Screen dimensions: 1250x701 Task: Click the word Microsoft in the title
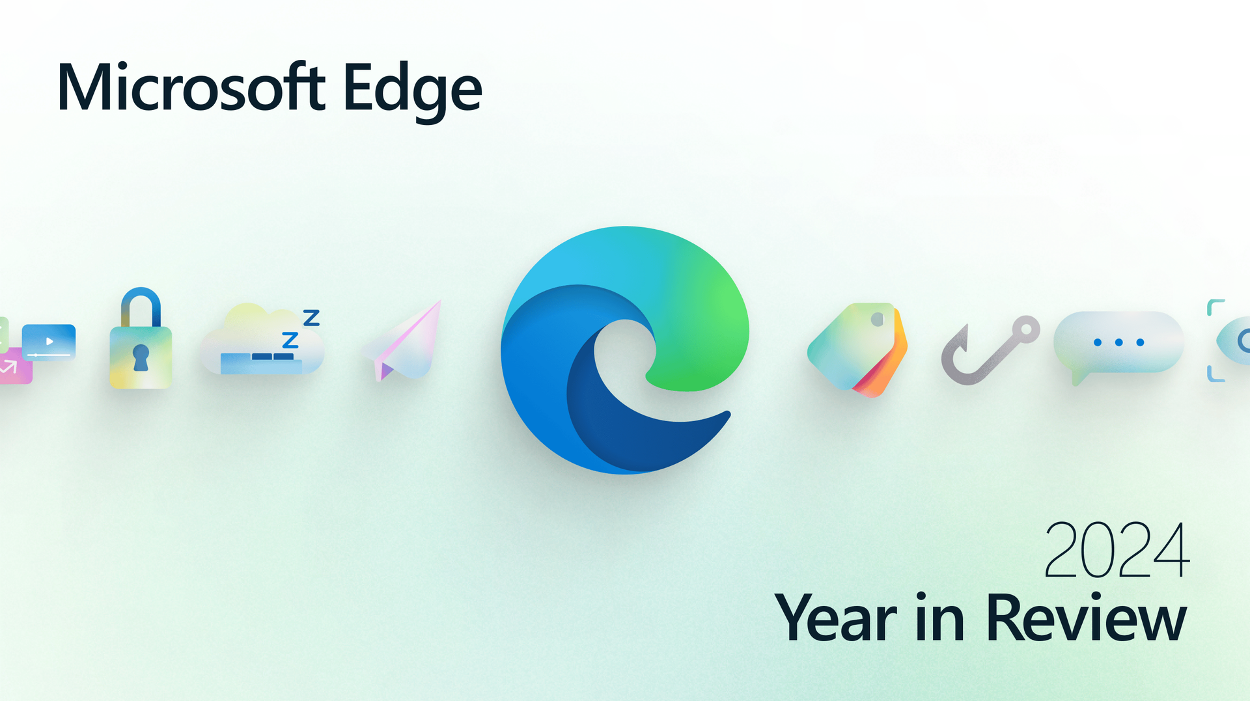click(191, 87)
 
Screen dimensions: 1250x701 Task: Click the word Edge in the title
click(413, 92)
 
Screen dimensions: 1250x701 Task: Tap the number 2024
click(1117, 550)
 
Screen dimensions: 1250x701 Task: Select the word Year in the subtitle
click(835, 618)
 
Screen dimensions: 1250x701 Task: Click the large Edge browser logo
click(625, 350)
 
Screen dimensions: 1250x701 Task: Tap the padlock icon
click(141, 338)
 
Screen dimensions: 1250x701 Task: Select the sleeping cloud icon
click(262, 340)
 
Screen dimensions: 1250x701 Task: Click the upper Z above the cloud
click(312, 318)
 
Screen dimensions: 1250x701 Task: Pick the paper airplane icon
click(403, 340)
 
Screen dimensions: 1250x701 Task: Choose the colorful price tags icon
click(857, 349)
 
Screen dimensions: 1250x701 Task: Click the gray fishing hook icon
click(990, 350)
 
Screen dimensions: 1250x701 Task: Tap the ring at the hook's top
click(1026, 329)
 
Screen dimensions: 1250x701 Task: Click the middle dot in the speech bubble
click(1119, 342)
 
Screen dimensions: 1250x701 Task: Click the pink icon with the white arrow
click(14, 366)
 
